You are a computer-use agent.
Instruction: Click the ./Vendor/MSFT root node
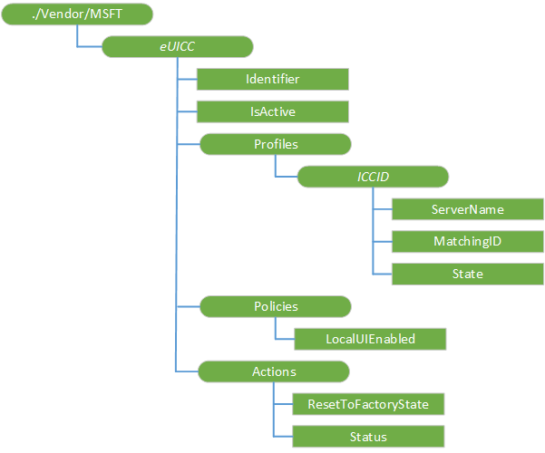(x=76, y=14)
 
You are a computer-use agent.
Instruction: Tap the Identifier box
(x=273, y=79)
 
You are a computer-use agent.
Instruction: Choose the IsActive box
(x=273, y=111)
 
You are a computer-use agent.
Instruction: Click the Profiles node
(x=275, y=143)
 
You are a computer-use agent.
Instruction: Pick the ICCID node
(x=372, y=176)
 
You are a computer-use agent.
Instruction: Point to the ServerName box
(x=468, y=208)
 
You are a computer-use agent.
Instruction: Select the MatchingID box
(x=468, y=241)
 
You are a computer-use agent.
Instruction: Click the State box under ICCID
(x=468, y=273)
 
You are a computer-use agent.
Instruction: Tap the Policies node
(x=275, y=306)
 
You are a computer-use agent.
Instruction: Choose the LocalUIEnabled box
(x=370, y=339)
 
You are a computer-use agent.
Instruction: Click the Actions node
(x=275, y=371)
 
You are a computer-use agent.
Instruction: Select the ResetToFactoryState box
(x=370, y=403)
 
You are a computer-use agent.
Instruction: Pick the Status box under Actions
(x=370, y=436)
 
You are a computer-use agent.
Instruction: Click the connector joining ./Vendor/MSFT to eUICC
(x=78, y=38)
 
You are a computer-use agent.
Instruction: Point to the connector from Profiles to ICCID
(x=275, y=167)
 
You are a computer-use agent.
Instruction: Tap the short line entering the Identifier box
(x=187, y=79)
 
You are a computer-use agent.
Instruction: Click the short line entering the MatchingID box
(x=382, y=241)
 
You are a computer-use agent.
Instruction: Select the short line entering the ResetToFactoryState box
(x=284, y=403)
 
